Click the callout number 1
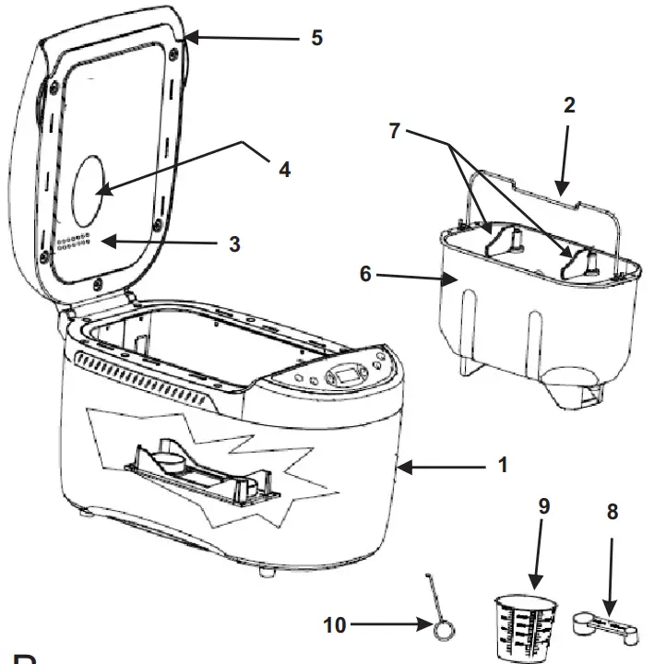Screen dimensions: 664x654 (502, 466)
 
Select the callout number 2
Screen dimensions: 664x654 (569, 104)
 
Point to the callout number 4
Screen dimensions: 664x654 (285, 170)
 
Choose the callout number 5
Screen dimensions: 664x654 (316, 38)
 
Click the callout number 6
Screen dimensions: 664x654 (367, 274)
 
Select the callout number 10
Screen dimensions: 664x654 (337, 625)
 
